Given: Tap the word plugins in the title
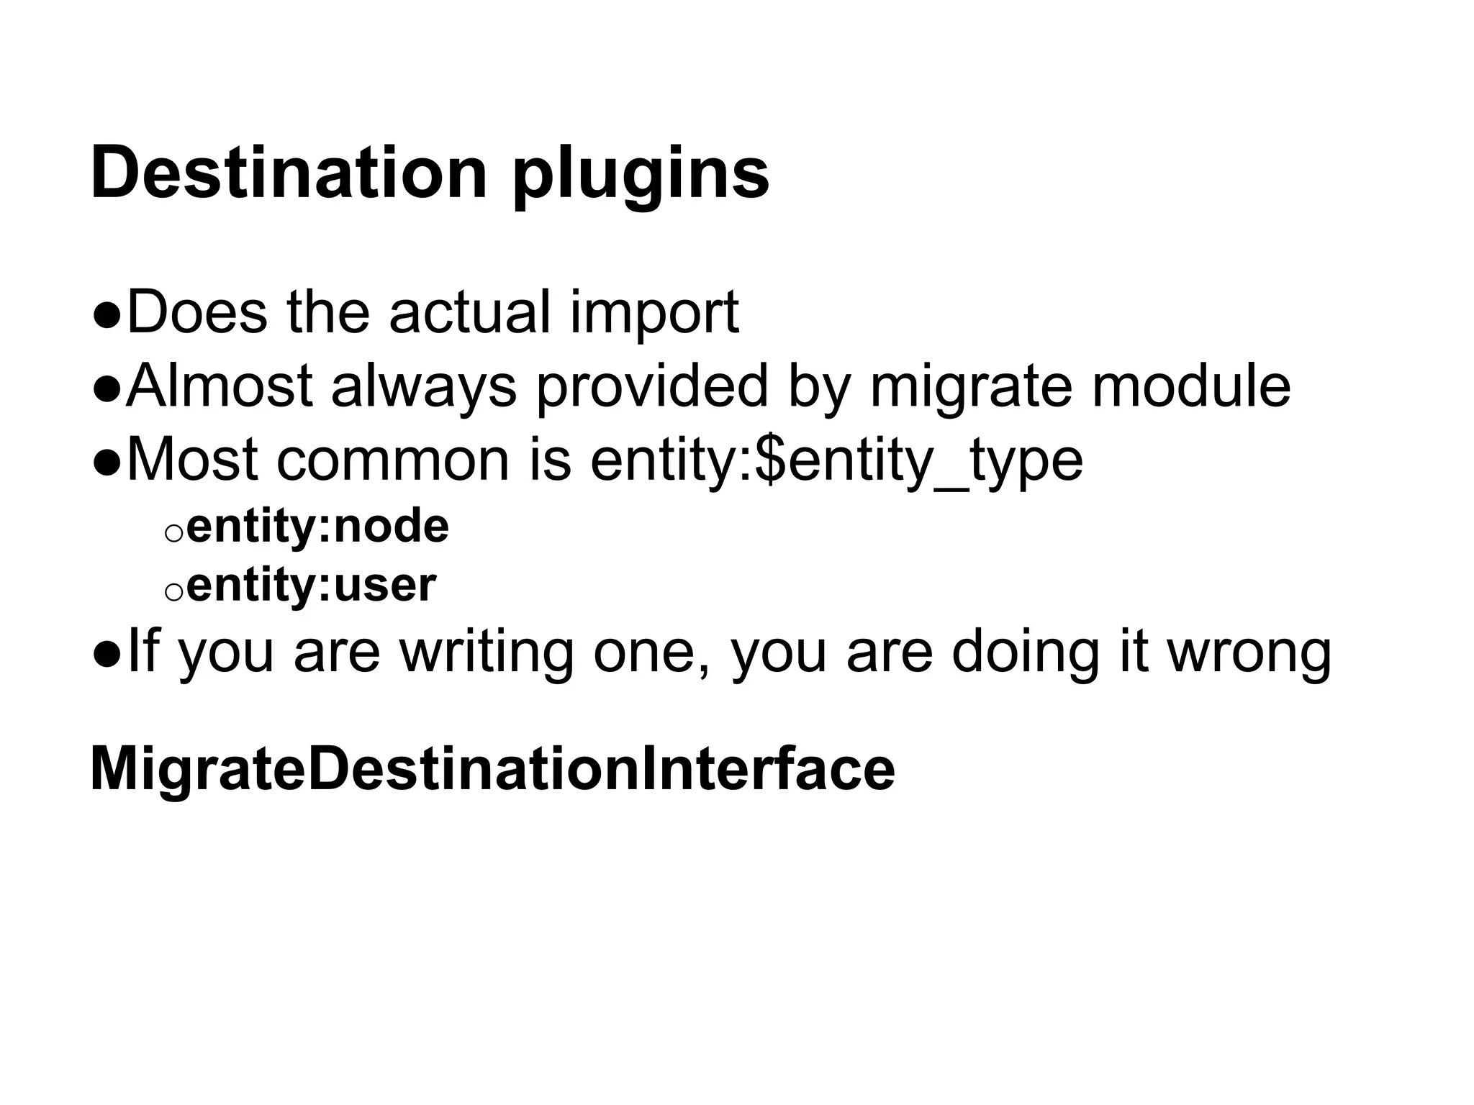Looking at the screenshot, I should tap(641, 176).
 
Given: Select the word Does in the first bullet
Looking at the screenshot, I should tap(197, 312).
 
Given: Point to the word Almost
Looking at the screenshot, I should tap(220, 386).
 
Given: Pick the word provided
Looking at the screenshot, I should tap(652, 388).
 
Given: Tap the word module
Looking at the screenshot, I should tap(1191, 386).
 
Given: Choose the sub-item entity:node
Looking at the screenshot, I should tap(317, 527).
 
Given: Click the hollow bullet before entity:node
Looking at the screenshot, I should tap(173, 532).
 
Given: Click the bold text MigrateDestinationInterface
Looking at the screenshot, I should tap(492, 769).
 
